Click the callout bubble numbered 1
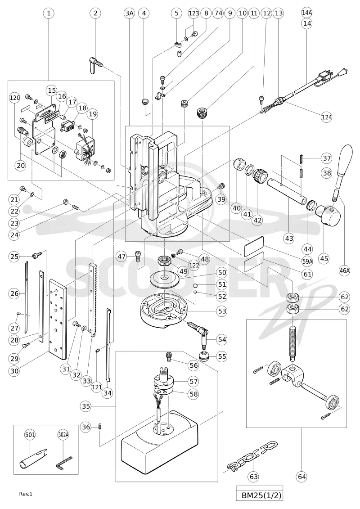(x=49, y=14)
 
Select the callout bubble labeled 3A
(x=129, y=14)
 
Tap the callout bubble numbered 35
(x=86, y=406)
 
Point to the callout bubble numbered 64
(x=302, y=477)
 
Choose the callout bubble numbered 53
(x=222, y=311)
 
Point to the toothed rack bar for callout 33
(x=93, y=300)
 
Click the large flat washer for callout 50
(x=165, y=278)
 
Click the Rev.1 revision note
(x=26, y=494)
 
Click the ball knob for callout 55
(x=203, y=356)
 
